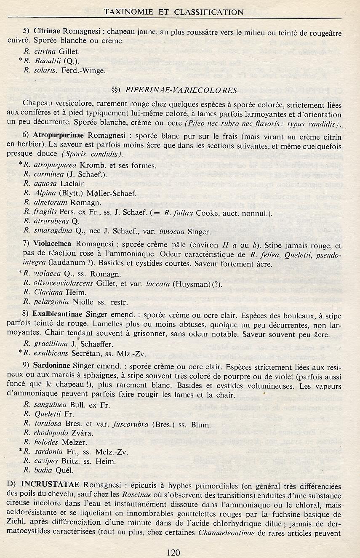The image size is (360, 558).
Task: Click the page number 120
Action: pos(173,552)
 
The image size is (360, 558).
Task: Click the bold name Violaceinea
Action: pos(53,246)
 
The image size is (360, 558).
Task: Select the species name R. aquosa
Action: pos(39,184)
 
